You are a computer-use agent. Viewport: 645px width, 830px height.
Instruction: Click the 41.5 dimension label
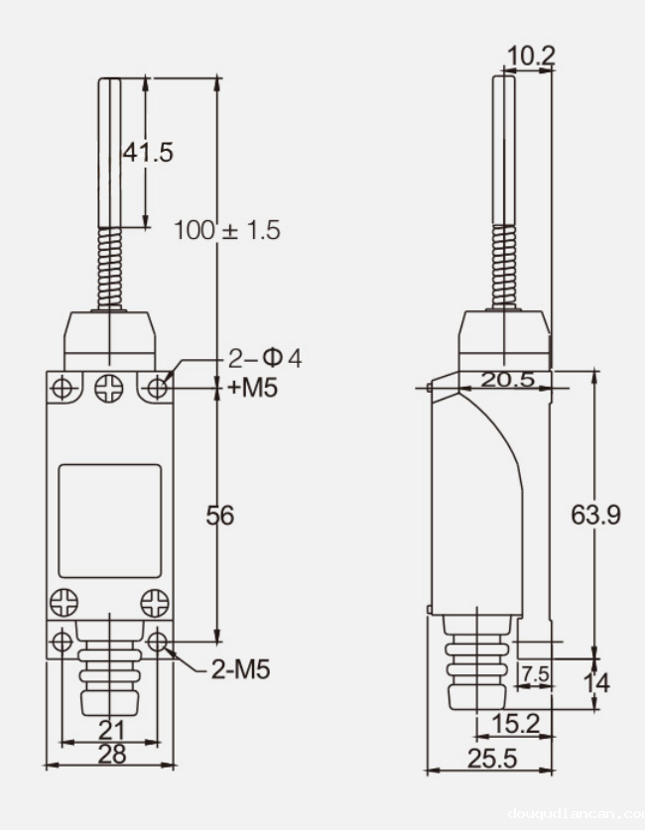pyautogui.click(x=147, y=153)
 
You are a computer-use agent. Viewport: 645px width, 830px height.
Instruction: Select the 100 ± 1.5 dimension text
pyautogui.click(x=227, y=230)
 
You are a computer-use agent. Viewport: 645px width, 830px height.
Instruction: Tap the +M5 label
pyautogui.click(x=252, y=387)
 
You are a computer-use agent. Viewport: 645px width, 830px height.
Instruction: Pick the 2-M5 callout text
pyautogui.click(x=240, y=669)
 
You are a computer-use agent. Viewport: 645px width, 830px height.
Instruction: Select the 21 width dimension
pyautogui.click(x=112, y=730)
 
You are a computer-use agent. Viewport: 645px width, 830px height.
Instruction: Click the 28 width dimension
pyautogui.click(x=112, y=754)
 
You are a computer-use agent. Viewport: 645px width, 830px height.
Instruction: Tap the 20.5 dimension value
pyautogui.click(x=506, y=380)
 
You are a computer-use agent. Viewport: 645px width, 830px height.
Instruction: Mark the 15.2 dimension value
pyautogui.click(x=515, y=725)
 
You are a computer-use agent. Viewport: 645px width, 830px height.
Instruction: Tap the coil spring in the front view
pyautogui.click(x=110, y=270)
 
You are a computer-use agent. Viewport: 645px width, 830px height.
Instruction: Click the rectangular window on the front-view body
pyautogui.click(x=109, y=521)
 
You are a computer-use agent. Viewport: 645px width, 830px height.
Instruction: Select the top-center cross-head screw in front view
pyautogui.click(x=109, y=388)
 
